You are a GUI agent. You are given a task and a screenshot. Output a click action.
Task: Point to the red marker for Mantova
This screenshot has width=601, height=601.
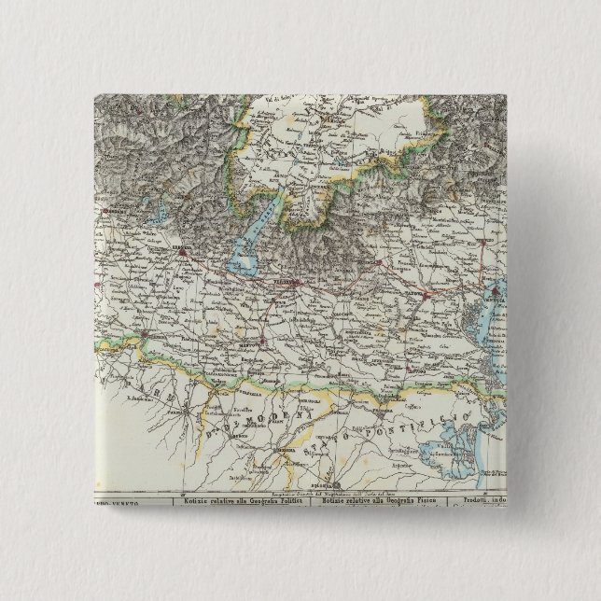pyautogui.click(x=264, y=343)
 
